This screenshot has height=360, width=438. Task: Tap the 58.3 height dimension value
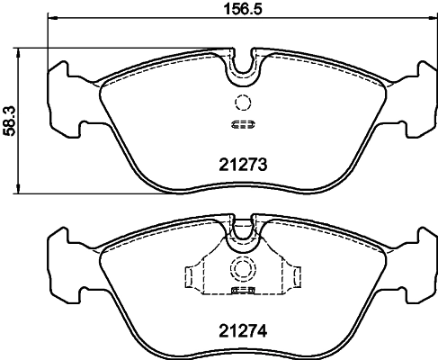coord(10,118)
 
